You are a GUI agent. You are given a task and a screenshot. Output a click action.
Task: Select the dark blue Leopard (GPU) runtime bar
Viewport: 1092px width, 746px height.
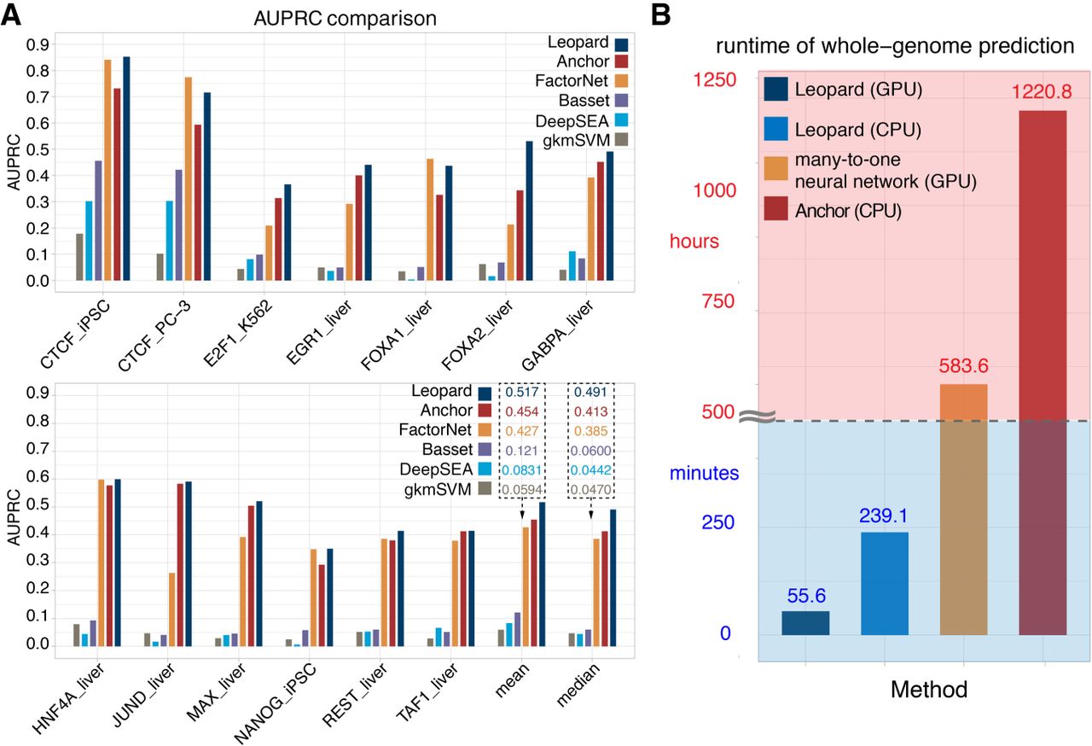[x=805, y=623]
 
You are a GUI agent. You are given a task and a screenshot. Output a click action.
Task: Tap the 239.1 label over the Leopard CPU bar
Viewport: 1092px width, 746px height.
[x=884, y=515]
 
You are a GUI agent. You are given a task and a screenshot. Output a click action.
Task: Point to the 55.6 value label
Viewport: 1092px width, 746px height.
[x=805, y=595]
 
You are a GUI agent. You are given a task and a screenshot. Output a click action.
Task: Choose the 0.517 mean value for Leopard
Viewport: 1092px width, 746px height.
[x=521, y=392]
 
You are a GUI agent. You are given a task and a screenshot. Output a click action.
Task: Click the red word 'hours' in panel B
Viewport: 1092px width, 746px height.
[x=694, y=242]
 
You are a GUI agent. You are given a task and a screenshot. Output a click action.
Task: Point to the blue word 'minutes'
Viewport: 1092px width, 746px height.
[x=704, y=471]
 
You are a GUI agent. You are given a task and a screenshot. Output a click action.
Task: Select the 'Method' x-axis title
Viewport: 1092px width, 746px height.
[x=928, y=690]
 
